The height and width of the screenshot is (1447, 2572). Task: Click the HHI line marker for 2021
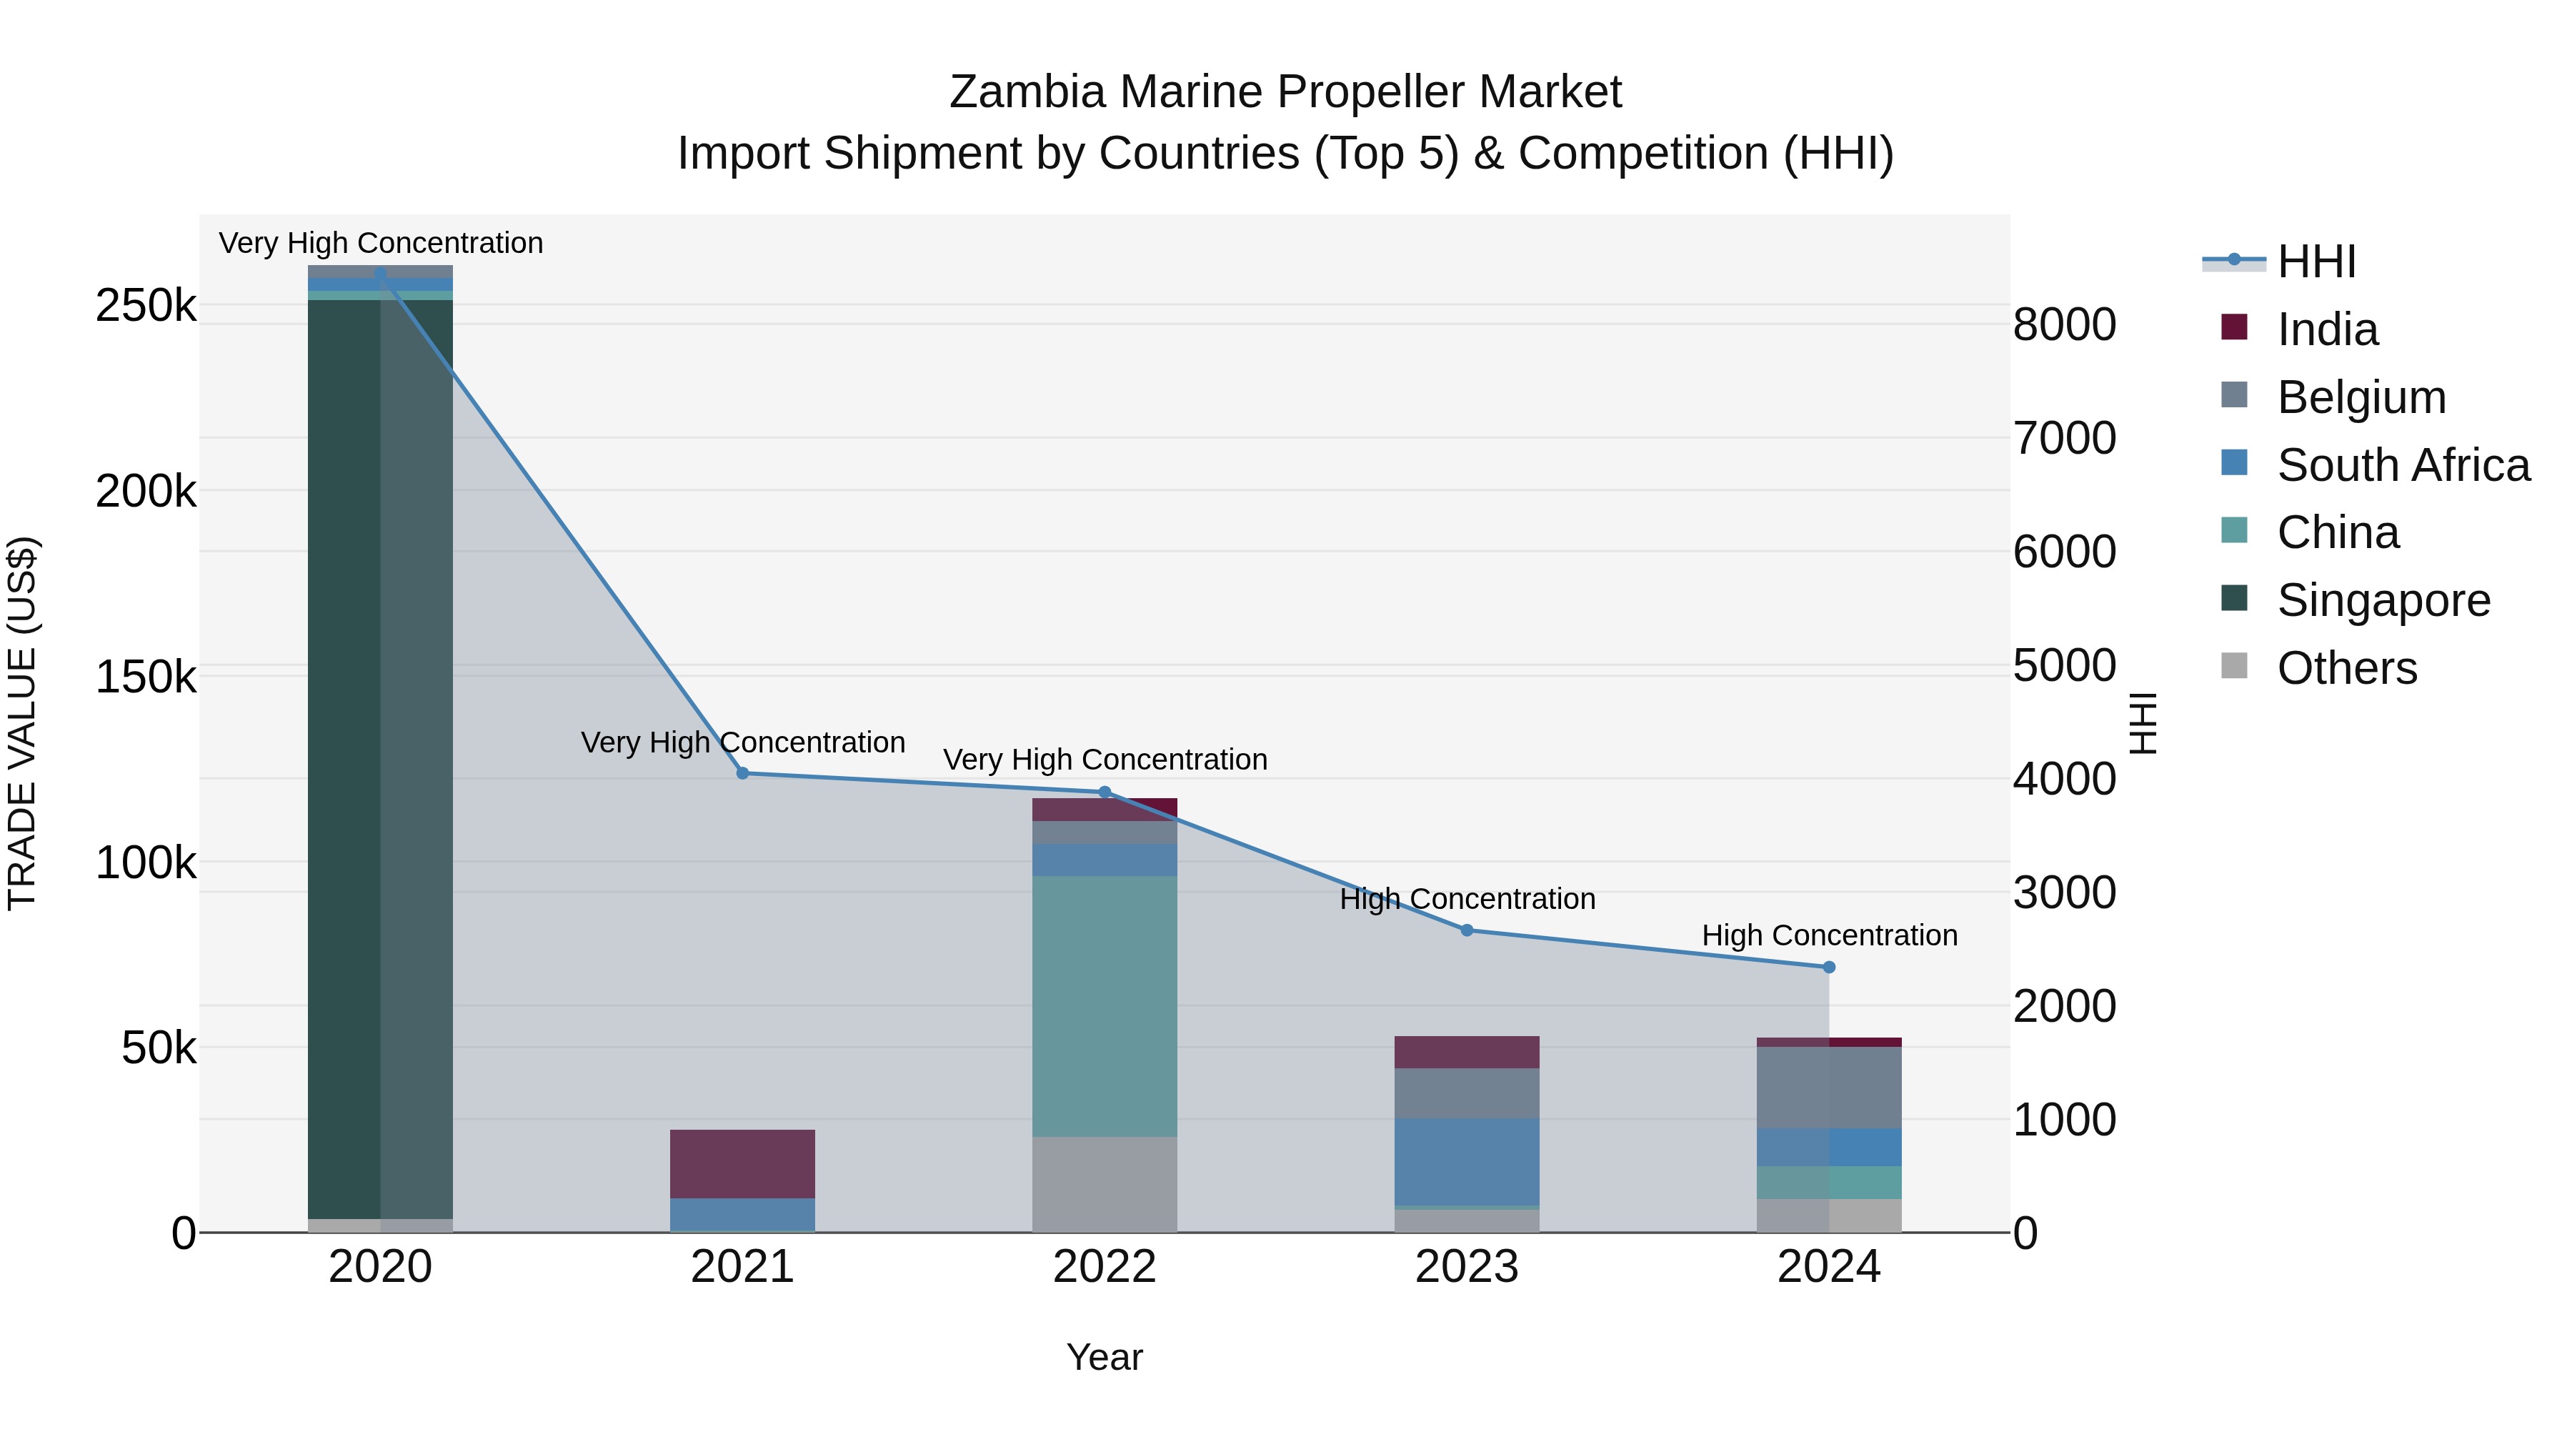click(742, 773)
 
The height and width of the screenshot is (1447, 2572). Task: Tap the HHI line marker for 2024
click(1828, 967)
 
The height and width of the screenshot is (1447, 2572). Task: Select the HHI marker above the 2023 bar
click(1467, 930)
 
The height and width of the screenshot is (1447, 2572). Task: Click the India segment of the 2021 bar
click(742, 1163)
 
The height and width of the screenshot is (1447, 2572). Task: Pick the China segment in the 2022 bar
click(1105, 1005)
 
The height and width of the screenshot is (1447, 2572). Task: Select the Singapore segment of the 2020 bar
click(379, 759)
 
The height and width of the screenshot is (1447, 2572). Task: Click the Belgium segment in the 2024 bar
click(1828, 1088)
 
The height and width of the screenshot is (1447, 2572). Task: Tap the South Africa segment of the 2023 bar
click(1467, 1161)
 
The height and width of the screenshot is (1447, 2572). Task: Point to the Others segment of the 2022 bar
click(1105, 1184)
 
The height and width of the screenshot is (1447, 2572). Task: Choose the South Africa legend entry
click(2402, 465)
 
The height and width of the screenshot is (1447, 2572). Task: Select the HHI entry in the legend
click(2316, 262)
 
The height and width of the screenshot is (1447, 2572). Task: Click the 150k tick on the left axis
click(146, 677)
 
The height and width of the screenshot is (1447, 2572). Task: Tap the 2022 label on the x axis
click(1105, 1267)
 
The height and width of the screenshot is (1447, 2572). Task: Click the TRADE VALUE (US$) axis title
click(22, 723)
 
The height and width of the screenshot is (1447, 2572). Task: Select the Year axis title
click(1105, 1357)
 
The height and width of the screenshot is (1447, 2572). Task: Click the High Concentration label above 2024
click(1829, 935)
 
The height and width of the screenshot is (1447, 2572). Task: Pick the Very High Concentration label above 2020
click(380, 243)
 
